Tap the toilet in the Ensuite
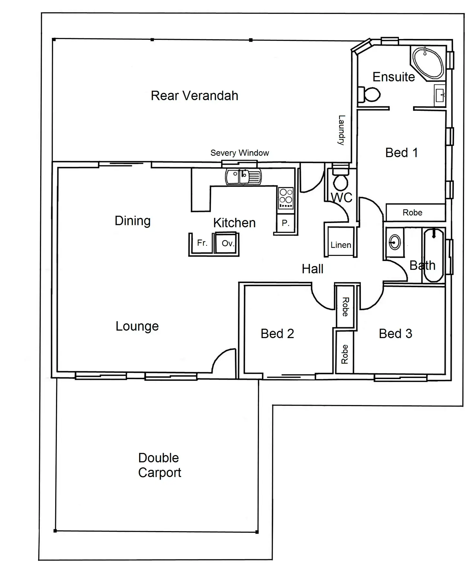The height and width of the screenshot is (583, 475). pyautogui.click(x=370, y=94)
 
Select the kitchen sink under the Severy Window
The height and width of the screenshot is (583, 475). pyautogui.click(x=243, y=177)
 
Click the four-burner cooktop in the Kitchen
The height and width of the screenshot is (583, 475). pyautogui.click(x=286, y=198)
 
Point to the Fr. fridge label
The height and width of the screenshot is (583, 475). pyautogui.click(x=202, y=243)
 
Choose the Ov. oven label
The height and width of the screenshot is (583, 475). pyautogui.click(x=227, y=243)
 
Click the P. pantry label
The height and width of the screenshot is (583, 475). pyautogui.click(x=285, y=223)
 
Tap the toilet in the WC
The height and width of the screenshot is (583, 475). pyautogui.click(x=340, y=180)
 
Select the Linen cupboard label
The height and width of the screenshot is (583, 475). pyautogui.click(x=341, y=245)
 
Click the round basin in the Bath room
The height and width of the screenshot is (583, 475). pyautogui.click(x=395, y=242)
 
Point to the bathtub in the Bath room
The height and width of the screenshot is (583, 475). pyautogui.click(x=433, y=255)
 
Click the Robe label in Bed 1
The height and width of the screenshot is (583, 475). pyautogui.click(x=412, y=213)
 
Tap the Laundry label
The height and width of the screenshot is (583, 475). pyautogui.click(x=341, y=130)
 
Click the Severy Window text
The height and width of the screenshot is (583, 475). pyautogui.click(x=239, y=153)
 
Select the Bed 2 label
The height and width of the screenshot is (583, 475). pyautogui.click(x=277, y=334)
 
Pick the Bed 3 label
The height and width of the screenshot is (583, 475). pyautogui.click(x=395, y=334)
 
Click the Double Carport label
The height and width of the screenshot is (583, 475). pyautogui.click(x=159, y=465)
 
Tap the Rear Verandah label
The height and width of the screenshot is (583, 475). pyautogui.click(x=194, y=96)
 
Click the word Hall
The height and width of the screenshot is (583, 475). pyautogui.click(x=312, y=269)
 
